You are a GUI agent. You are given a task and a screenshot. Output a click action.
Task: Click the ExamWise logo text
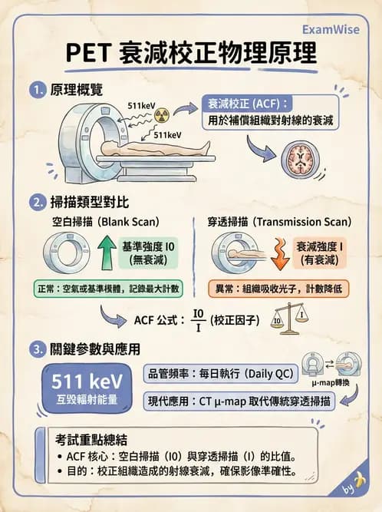[332, 30]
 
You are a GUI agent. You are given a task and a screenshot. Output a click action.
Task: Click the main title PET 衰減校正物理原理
[190, 56]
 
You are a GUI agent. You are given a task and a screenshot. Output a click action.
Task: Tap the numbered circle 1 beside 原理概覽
[35, 90]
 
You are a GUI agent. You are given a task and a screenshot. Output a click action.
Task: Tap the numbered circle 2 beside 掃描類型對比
[35, 203]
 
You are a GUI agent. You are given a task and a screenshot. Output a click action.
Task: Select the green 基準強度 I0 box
[149, 254]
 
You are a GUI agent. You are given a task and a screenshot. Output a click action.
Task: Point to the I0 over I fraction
[199, 319]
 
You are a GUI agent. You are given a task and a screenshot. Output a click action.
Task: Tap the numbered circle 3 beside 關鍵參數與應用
[35, 348]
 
